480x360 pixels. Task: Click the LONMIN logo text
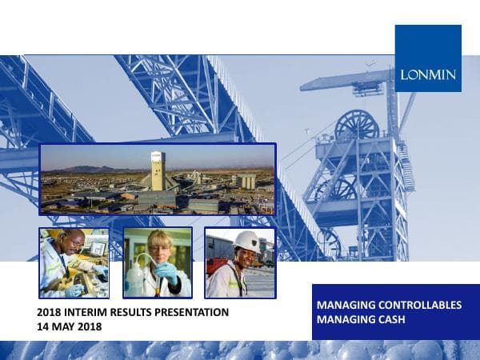pyautogui.click(x=428, y=74)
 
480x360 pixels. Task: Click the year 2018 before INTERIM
pyautogui.click(x=50, y=312)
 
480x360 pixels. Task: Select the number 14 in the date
pyautogui.click(x=44, y=326)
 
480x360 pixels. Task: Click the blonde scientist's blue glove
pyautogui.click(x=167, y=272)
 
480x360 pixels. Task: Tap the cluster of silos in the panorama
pyautogui.click(x=246, y=182)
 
